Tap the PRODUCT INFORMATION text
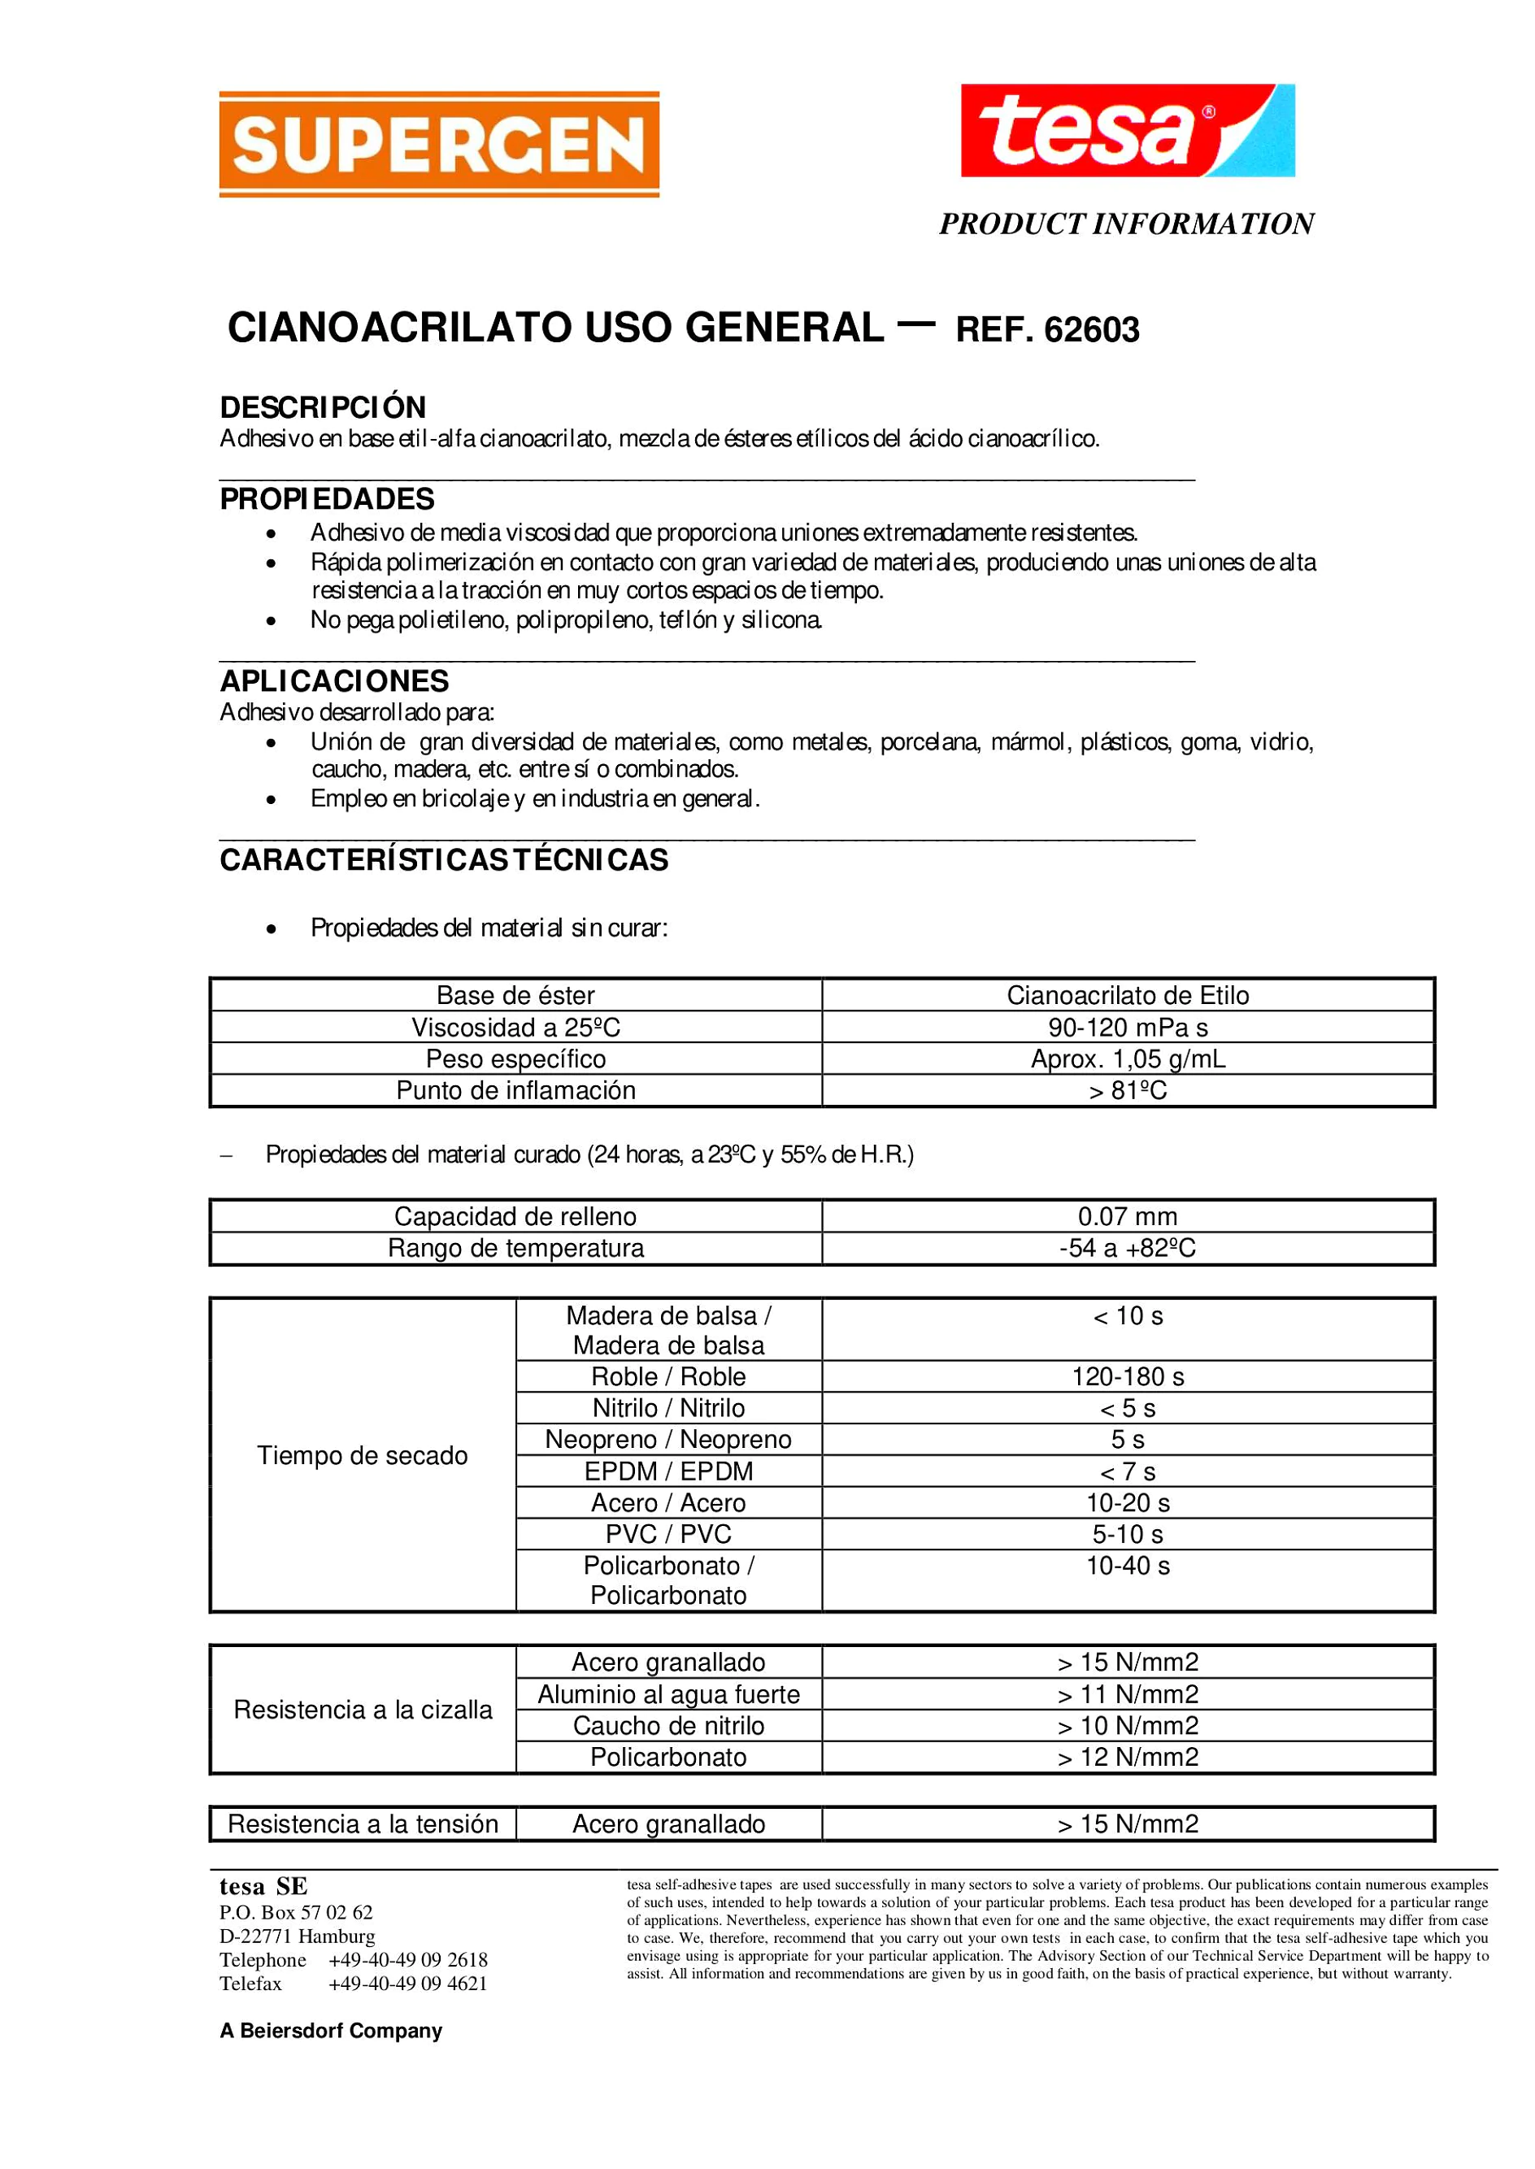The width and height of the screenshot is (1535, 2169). [1126, 224]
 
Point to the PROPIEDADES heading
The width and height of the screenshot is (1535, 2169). [327, 499]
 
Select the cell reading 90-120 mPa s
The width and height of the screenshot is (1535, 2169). [1128, 1028]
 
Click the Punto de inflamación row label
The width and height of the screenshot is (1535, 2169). [515, 1091]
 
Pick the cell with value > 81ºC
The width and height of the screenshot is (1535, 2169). [1128, 1091]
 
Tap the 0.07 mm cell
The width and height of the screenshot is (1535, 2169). [1128, 1216]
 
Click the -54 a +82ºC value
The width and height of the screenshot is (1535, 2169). [1128, 1249]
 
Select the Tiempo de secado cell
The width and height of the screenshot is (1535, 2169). [362, 1455]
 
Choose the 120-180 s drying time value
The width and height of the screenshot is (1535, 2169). [1128, 1376]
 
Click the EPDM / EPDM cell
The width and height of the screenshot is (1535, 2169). [668, 1471]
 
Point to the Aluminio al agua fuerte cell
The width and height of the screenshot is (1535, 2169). [668, 1694]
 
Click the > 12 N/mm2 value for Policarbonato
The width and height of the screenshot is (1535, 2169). [1128, 1757]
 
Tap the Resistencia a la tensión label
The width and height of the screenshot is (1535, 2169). [362, 1824]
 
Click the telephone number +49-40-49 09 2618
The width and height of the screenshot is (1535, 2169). [407, 1960]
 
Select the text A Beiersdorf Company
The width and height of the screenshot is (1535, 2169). [331, 2031]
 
